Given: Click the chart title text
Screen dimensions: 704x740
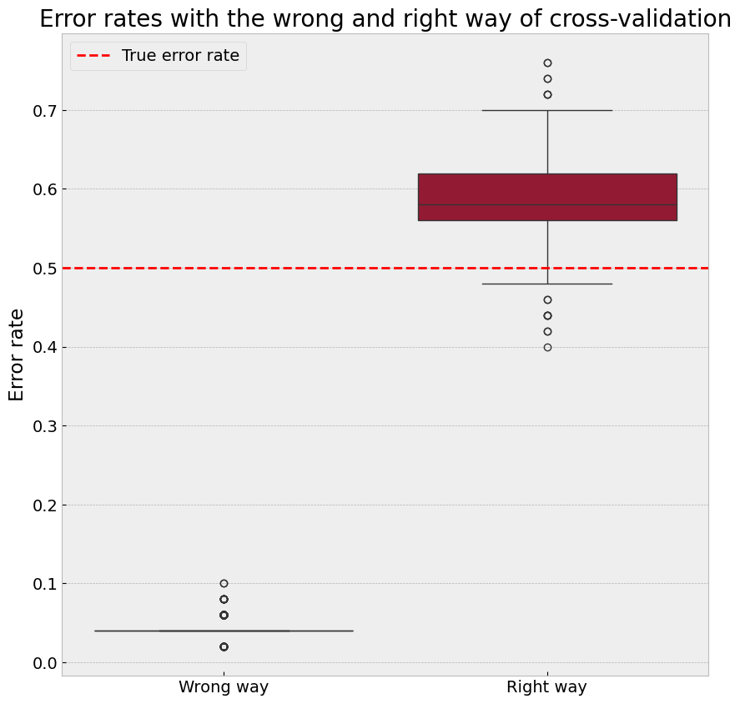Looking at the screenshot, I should pos(385,19).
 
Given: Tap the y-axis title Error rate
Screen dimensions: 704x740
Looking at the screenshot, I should pos(17,355).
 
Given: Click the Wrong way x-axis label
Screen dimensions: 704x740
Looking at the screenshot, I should pos(224,687).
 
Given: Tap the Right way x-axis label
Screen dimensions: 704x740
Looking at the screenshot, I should pos(546,687).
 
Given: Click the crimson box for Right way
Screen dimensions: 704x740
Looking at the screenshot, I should pos(546,197).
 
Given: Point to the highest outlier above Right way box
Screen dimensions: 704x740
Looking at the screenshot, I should pos(547,63).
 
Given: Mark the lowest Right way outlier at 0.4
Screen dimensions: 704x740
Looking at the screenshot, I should pos(547,347).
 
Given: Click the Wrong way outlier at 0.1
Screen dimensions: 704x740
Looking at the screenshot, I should pos(224,583).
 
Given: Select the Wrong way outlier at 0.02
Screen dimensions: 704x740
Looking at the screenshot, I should pos(224,646).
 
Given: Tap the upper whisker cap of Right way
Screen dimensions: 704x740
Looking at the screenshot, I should pos(547,110).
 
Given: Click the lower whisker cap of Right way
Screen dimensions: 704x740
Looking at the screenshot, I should pos(547,284).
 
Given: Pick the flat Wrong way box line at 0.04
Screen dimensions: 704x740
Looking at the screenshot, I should pos(224,631).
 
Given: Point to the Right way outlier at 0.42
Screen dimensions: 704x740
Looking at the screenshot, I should pos(547,331).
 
